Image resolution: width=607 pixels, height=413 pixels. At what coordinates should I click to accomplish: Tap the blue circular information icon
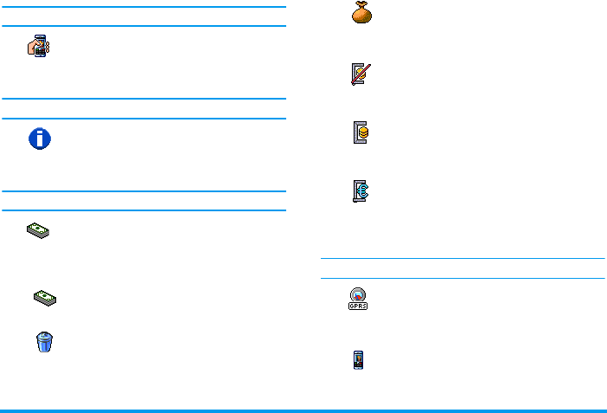(40, 139)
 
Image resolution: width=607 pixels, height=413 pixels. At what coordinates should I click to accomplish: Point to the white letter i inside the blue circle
(40, 139)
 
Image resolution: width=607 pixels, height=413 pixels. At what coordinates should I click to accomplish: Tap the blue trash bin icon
(43, 340)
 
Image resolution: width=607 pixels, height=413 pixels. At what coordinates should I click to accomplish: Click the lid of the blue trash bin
(43, 332)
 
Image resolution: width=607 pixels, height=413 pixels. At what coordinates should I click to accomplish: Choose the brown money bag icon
(360, 14)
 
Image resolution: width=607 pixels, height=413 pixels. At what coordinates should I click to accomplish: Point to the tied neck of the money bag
(360, 7)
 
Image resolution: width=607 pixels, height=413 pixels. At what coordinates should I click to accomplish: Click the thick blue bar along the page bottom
(303, 410)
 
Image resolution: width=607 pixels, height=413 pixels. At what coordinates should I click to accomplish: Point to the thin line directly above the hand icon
(143, 26)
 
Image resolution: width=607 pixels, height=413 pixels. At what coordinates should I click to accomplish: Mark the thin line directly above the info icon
(143, 119)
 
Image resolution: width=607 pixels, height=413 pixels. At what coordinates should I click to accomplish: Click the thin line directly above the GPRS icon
(462, 278)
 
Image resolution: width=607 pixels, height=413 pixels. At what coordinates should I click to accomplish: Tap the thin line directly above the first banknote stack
(143, 210)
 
